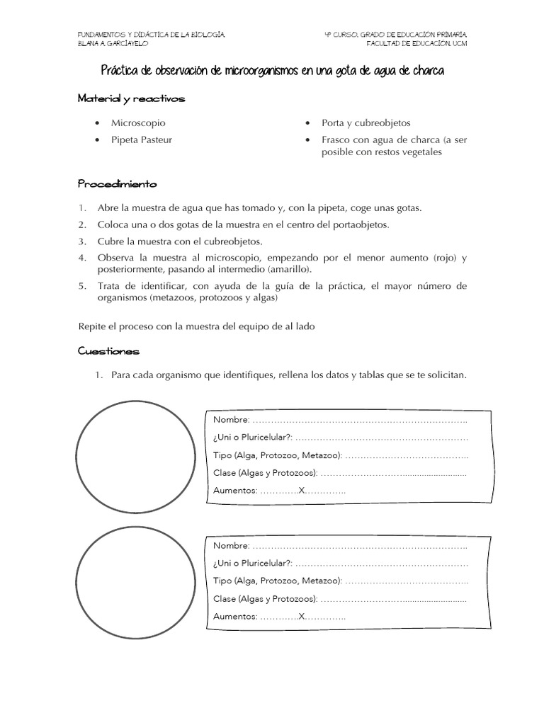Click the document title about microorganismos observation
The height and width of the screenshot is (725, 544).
[x=272, y=73]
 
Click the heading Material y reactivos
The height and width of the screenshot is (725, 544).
[x=131, y=99]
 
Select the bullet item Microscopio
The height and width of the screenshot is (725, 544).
[x=138, y=123]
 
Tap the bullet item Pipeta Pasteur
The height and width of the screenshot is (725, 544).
[x=141, y=140]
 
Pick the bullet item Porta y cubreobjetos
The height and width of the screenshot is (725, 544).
[x=365, y=123]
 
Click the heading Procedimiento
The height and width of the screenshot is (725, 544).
[x=117, y=184]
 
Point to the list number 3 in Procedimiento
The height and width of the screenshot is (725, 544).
[x=82, y=241]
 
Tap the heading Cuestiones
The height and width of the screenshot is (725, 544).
[x=108, y=351]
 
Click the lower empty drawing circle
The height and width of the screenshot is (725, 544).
[x=135, y=582]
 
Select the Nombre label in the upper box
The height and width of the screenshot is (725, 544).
[x=231, y=421]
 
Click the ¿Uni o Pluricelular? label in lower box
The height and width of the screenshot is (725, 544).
[x=252, y=564]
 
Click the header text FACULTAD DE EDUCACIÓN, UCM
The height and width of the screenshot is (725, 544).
[x=416, y=43]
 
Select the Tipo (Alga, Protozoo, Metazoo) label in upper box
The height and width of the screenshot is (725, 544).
[x=277, y=455]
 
